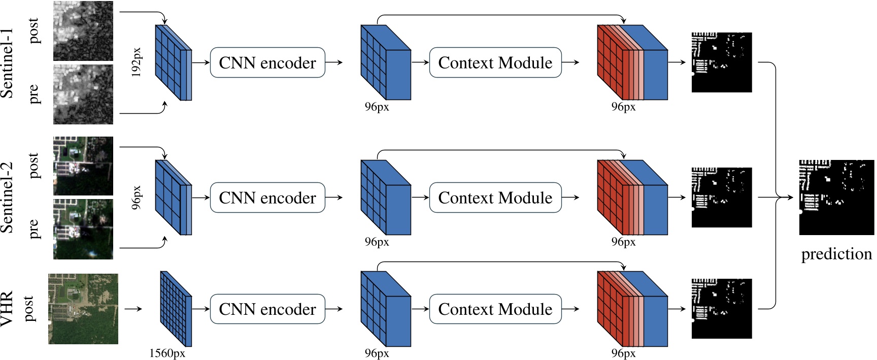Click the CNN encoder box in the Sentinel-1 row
coord(267,62)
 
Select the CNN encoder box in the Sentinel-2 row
coord(267,198)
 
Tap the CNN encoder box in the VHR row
coord(267,309)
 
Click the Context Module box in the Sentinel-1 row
coord(495,62)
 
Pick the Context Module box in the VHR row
coord(495,309)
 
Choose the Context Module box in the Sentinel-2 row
coord(495,198)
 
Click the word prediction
coord(836,254)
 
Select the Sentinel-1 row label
coord(7,63)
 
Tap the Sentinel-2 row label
coord(7,198)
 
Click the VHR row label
coord(7,309)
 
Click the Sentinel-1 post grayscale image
coord(83,31)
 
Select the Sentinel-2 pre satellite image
coord(83,228)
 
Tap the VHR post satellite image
coord(83,309)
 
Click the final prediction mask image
coord(836,198)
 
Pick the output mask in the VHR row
coord(721,308)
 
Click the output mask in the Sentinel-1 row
coord(721,62)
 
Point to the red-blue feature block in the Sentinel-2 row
coord(632,198)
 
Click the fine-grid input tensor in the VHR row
coord(176,309)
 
